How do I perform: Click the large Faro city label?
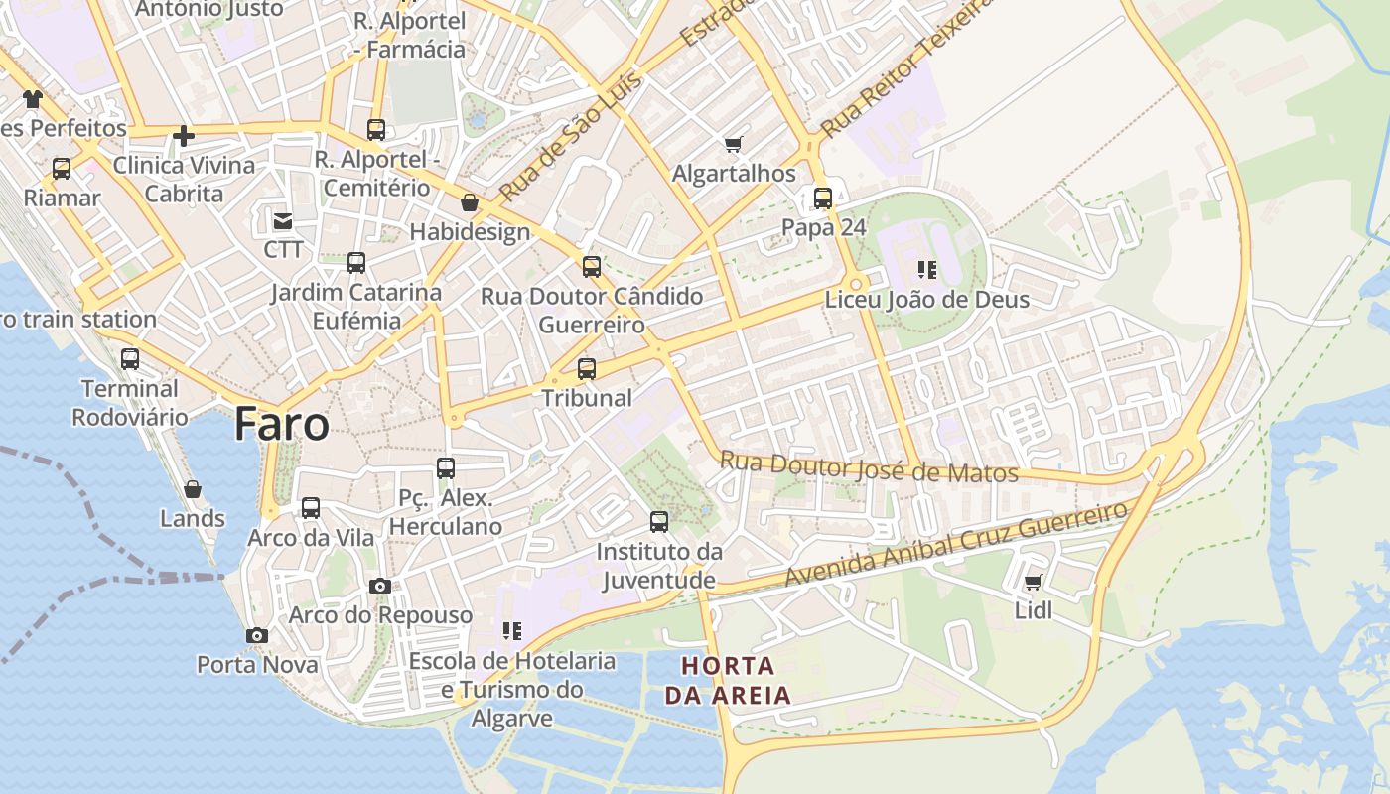(x=282, y=425)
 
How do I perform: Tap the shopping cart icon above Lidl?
(x=1033, y=583)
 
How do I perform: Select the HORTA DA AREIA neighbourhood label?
(x=728, y=680)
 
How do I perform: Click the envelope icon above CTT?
(x=283, y=220)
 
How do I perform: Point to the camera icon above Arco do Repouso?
(x=379, y=587)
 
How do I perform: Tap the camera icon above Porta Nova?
(x=257, y=635)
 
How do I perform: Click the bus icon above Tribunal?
(x=587, y=369)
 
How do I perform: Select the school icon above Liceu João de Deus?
(x=927, y=270)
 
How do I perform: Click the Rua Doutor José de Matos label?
(x=869, y=467)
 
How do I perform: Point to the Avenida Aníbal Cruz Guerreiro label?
(x=957, y=545)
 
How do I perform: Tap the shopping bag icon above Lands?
(x=193, y=489)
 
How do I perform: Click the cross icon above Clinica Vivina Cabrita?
(x=184, y=135)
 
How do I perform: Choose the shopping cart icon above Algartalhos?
(x=734, y=145)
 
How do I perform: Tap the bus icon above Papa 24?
(x=823, y=198)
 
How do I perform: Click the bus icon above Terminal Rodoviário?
(x=130, y=359)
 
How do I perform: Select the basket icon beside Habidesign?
(x=469, y=203)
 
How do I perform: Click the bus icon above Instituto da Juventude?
(x=659, y=522)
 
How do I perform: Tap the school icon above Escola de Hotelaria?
(x=512, y=631)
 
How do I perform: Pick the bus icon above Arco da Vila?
(x=311, y=508)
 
